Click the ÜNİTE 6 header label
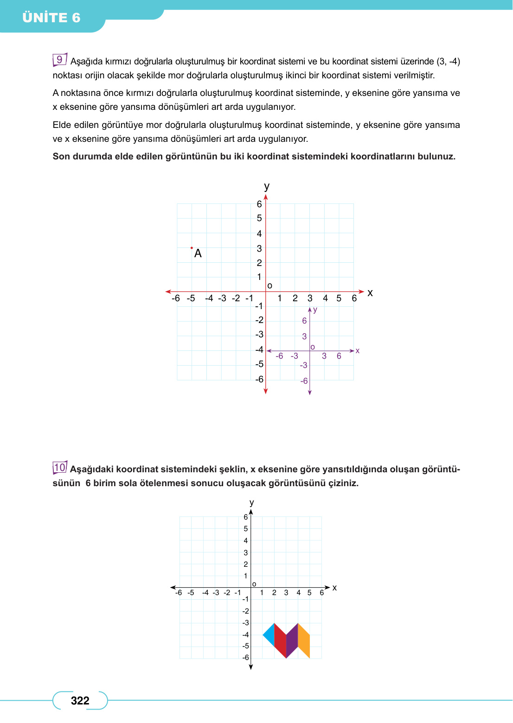(x=51, y=18)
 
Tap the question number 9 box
(x=59, y=60)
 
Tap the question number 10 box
(x=60, y=467)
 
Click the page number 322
(x=80, y=701)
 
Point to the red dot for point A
(x=192, y=248)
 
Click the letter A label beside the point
(x=198, y=254)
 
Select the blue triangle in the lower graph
(x=269, y=635)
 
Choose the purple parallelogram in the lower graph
(x=292, y=641)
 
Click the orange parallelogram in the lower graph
(x=304, y=641)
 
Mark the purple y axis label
(x=315, y=310)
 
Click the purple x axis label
(x=358, y=351)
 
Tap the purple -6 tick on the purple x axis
(x=279, y=356)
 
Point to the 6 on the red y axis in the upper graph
(x=259, y=204)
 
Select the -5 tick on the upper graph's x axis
(x=191, y=298)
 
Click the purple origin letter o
(x=313, y=347)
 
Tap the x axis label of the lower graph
(x=334, y=588)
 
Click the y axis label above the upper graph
(x=267, y=186)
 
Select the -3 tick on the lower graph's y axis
(x=246, y=623)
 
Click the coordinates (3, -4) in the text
(x=448, y=62)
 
